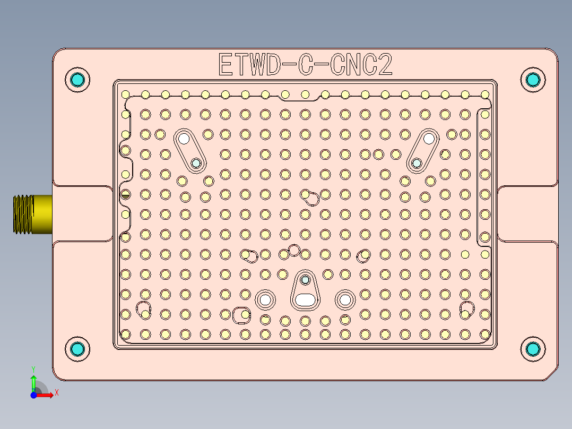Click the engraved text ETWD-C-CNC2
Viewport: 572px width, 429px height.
coord(305,65)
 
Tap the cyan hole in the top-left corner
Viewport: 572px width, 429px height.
coord(77,80)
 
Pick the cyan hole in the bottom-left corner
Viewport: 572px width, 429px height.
coord(77,349)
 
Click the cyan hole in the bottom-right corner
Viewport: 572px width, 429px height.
coord(533,349)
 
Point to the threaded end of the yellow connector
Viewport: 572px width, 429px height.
coord(21,214)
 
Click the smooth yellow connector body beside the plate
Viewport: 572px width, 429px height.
coord(42,214)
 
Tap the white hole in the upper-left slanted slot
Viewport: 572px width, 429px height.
coord(184,139)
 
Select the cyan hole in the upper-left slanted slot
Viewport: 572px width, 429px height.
coord(196,164)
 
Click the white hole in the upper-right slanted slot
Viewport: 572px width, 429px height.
coord(429,139)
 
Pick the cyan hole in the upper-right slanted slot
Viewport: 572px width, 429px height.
coord(417,163)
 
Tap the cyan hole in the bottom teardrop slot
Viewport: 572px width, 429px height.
coord(305,279)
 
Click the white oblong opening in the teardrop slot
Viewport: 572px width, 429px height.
coord(305,299)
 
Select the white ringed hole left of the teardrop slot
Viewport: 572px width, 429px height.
coord(265,299)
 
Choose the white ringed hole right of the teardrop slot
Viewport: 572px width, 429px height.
coord(345,299)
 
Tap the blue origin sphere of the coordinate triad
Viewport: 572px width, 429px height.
coord(33,395)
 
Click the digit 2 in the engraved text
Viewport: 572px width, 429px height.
coord(385,65)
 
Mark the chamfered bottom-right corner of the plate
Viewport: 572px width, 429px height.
coord(552,375)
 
